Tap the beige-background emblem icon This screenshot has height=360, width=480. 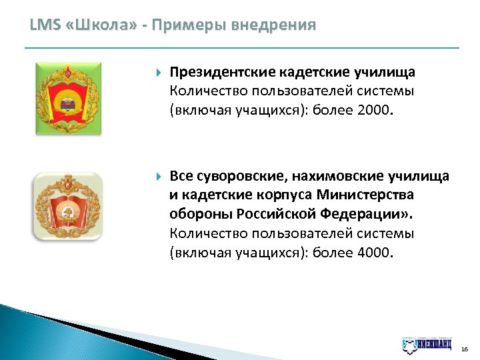coord(68,207)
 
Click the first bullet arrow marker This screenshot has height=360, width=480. coord(157,72)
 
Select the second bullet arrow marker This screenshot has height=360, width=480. coord(157,177)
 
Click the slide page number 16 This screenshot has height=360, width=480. coord(464,349)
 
